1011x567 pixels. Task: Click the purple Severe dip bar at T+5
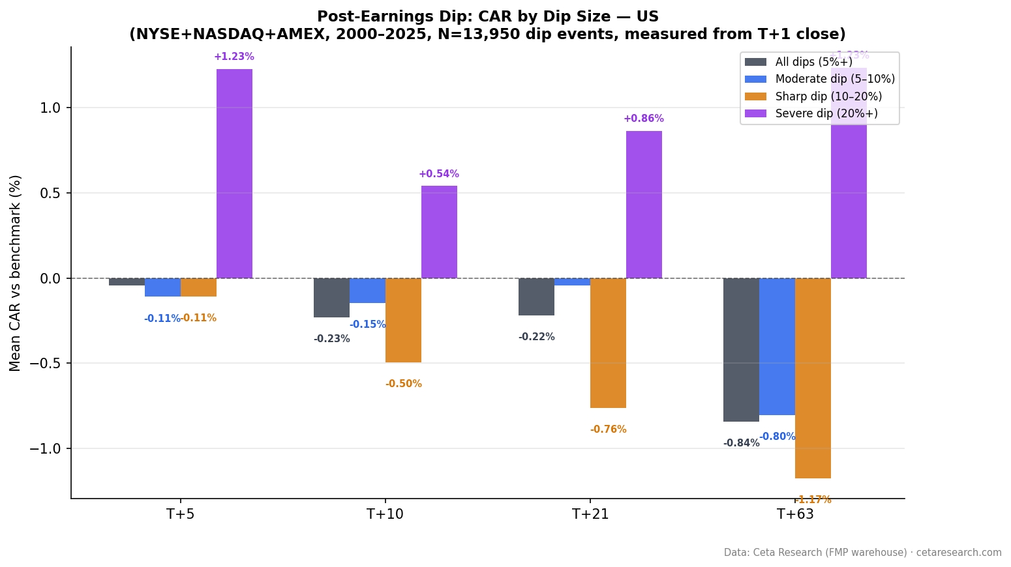(x=234, y=173)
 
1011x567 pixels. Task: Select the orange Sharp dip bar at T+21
(x=608, y=343)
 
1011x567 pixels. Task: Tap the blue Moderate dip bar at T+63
(x=777, y=346)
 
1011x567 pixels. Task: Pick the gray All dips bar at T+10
(x=331, y=298)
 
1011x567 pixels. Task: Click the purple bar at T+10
(x=439, y=231)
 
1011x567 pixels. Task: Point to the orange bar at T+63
(x=813, y=378)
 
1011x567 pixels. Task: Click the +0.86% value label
(x=643, y=119)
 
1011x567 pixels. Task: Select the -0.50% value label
(x=403, y=384)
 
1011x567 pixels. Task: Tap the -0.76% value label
(x=608, y=429)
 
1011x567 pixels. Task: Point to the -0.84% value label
(x=741, y=443)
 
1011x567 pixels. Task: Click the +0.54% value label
(x=438, y=174)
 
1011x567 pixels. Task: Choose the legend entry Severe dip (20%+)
(x=826, y=113)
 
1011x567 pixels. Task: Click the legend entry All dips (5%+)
(x=813, y=62)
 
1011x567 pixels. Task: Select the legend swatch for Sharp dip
(x=755, y=96)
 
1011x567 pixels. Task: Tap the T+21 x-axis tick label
(x=590, y=514)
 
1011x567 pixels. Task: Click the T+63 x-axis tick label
(x=795, y=514)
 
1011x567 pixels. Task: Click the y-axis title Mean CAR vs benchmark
(x=16, y=272)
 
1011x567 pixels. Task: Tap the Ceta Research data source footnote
(x=862, y=552)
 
